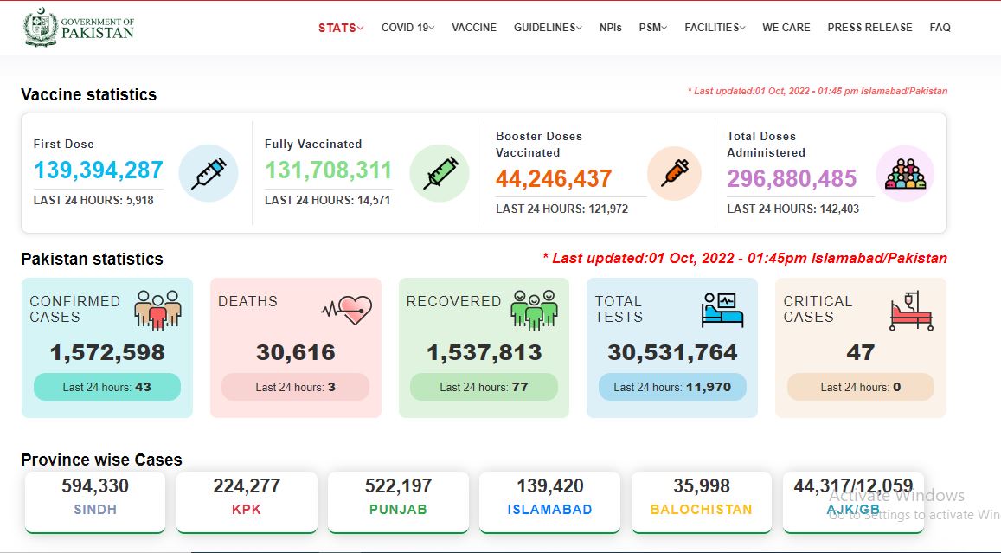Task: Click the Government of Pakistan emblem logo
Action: coord(41,28)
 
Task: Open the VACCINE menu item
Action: coord(474,28)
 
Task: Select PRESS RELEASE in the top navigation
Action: coord(869,28)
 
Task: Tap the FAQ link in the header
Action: coord(940,28)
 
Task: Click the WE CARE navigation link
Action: coord(786,28)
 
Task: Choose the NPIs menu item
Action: coord(610,28)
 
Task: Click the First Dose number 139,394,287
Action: coord(99,170)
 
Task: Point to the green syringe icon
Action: coord(440,173)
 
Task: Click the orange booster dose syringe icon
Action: coord(675,173)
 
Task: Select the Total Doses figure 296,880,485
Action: coord(792,179)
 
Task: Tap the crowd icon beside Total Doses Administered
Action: coord(905,174)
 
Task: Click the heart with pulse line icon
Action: coord(347,310)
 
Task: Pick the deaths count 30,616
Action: coord(296,352)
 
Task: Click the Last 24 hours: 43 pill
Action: coord(107,387)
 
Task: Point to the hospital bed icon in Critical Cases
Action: coord(912,311)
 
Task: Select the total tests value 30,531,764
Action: coord(672,352)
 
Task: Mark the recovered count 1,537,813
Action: coord(484,352)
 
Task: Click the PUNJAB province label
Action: coord(398,510)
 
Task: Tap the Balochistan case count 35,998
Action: coord(702,486)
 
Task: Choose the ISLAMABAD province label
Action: coord(549,510)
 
